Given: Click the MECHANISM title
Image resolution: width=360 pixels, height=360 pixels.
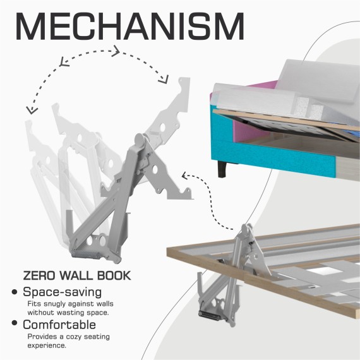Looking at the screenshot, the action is click(130, 27).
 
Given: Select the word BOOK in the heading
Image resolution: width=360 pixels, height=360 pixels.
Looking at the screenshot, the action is click(114, 275).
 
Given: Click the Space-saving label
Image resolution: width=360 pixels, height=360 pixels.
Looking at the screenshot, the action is click(63, 292).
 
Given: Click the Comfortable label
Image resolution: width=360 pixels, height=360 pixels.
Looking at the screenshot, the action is click(59, 325).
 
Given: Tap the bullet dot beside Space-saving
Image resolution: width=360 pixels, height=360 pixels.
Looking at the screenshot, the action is click(15, 292).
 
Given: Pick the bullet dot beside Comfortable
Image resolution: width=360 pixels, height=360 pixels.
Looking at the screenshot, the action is click(15, 323).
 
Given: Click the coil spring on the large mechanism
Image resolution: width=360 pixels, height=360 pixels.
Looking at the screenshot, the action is click(85, 255).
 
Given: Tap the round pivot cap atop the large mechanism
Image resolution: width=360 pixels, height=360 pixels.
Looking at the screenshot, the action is click(140, 140).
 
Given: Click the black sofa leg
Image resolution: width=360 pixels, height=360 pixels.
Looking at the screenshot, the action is click(223, 169).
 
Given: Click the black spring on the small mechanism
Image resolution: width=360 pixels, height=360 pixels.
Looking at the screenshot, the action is click(210, 315).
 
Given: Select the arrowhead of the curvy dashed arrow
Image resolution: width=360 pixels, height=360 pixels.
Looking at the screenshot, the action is click(184, 176).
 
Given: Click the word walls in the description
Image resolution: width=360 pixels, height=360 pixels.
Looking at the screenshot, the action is click(105, 304).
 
